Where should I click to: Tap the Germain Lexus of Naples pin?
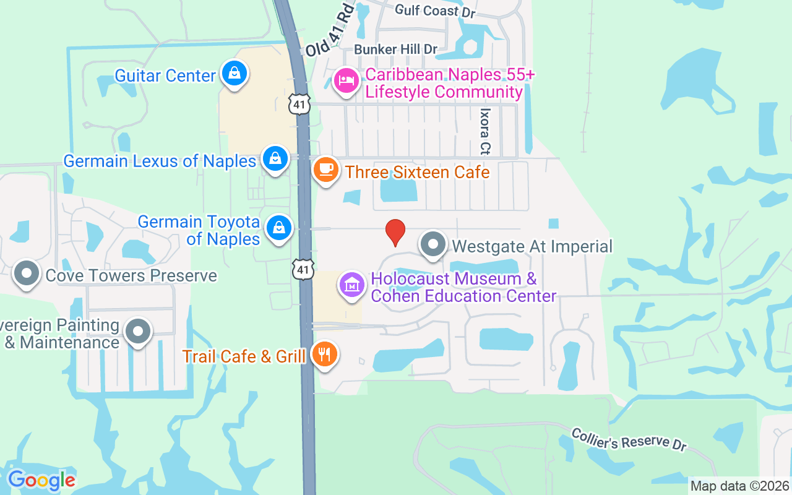coord(275,159)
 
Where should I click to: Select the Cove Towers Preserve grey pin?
coord(27,273)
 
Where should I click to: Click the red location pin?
coord(395,232)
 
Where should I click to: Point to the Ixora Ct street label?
coord(485,132)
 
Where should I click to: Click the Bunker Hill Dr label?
coord(395,49)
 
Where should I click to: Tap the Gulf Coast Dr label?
coord(427,11)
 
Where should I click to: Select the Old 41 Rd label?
coord(330,31)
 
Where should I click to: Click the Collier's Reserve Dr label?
coord(629,439)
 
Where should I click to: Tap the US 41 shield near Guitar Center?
coord(299,105)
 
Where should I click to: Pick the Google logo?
coord(41,480)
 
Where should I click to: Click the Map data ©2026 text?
coord(740,486)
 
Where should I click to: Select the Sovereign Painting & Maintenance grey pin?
coord(138,331)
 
